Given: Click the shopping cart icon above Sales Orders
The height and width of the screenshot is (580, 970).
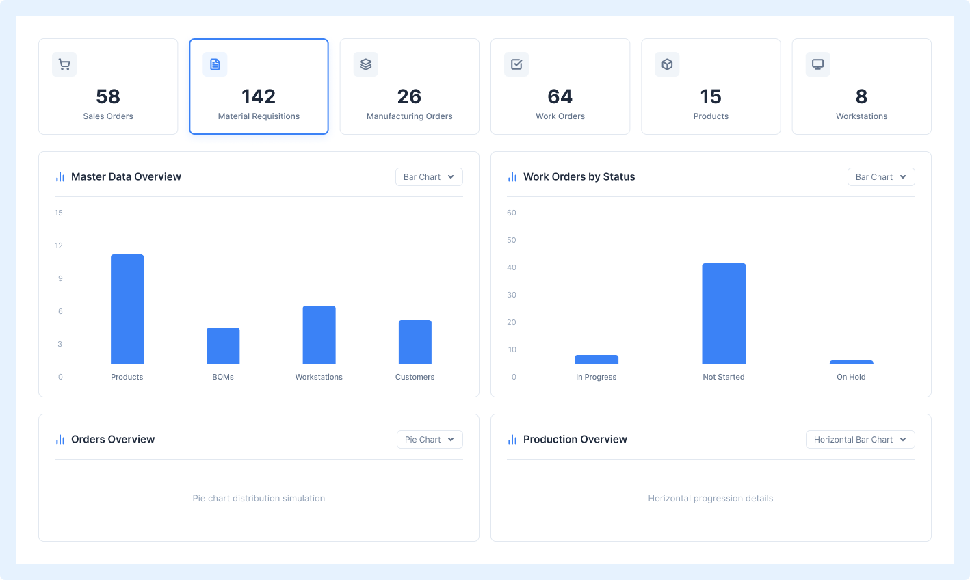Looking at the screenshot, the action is [64, 64].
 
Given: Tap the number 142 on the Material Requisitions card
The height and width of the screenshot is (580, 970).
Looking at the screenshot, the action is [259, 96].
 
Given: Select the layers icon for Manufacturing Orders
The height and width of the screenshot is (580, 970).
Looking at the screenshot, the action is [365, 64].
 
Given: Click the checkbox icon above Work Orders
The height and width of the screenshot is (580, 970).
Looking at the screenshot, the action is [516, 64].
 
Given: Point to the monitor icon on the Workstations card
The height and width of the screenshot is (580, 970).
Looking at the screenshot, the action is [817, 64].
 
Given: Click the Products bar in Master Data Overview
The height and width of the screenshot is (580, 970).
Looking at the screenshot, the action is [127, 309].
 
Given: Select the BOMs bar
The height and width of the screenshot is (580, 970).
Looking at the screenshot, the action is [223, 346].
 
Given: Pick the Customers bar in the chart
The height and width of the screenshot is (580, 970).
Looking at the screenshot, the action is [415, 342].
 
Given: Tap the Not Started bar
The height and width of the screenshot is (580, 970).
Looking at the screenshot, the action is [724, 313].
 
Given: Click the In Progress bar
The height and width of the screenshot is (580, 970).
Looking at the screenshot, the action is [597, 359].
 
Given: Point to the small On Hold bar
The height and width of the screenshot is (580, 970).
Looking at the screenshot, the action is [852, 362].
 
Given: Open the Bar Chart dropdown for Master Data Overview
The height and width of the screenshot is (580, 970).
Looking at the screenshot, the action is [429, 176].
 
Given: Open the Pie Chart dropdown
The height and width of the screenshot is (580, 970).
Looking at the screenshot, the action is [430, 439].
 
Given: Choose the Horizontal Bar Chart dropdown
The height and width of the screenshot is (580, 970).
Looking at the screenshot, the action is [860, 439].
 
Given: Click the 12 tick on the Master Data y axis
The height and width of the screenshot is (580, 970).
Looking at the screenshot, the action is [58, 246].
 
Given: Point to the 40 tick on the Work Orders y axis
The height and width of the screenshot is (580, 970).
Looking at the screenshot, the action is [512, 267].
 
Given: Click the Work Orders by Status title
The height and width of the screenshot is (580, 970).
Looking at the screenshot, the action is [579, 176].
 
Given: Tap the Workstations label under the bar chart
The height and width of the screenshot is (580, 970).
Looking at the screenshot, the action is [319, 377].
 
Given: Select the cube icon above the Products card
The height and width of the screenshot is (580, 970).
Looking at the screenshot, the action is [667, 64].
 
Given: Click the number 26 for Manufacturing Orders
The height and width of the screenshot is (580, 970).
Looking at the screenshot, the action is [409, 96].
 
